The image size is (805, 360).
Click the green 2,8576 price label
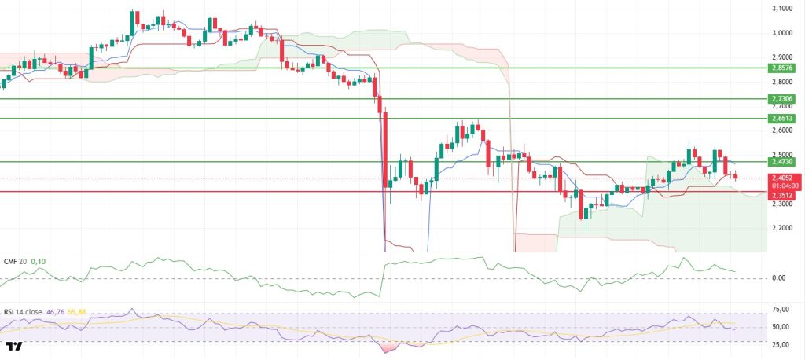click(x=783, y=68)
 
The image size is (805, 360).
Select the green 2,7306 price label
click(x=783, y=98)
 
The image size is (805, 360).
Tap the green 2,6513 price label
click(x=783, y=118)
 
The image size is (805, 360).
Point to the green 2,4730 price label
click(x=783, y=161)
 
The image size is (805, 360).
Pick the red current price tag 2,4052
click(x=783, y=178)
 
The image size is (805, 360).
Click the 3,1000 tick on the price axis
click(x=783, y=9)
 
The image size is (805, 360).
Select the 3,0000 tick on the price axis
click(x=783, y=33)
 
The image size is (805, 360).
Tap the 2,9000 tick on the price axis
click(x=783, y=57)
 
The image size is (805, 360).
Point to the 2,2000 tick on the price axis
click(x=783, y=228)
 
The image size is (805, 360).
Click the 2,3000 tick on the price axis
click(x=783, y=204)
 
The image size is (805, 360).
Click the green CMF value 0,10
click(x=38, y=259)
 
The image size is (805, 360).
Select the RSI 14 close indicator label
click(x=22, y=312)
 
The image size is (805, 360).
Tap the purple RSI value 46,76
click(x=57, y=312)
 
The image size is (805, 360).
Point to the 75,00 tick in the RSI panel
click(x=781, y=309)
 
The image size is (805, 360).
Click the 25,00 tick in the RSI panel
click(x=781, y=344)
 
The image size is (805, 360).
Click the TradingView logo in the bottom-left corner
click(x=13, y=346)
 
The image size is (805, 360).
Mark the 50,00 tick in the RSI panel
click(x=781, y=327)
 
